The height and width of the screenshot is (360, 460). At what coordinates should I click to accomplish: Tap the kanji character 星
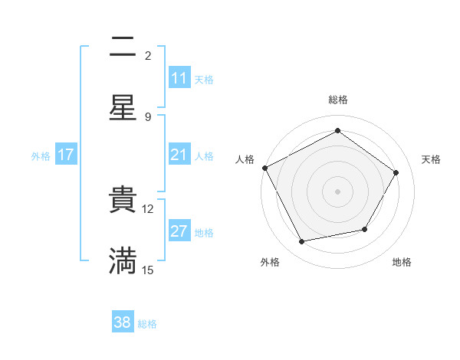coord(123,108)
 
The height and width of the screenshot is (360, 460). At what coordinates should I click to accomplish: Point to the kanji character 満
coord(123,261)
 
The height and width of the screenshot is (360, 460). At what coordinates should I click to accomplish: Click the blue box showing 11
coord(179,78)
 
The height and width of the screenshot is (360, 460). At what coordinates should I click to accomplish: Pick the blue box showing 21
coord(179,155)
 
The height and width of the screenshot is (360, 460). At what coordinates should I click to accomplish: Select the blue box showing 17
coord(66,155)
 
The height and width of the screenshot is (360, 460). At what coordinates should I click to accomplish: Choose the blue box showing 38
coord(123,322)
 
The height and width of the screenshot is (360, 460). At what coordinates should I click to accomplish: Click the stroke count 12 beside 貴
coord(148,208)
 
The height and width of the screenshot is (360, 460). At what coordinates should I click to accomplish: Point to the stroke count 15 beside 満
coord(148,270)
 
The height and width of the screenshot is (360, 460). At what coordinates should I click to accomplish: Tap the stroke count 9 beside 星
coord(148,116)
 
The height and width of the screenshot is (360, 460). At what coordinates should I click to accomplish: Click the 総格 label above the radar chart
coord(338,100)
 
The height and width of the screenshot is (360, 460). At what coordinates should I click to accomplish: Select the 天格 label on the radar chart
coord(432,159)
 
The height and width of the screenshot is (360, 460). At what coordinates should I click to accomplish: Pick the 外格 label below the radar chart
coord(270,263)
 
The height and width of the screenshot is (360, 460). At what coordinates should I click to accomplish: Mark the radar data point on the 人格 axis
coord(264,168)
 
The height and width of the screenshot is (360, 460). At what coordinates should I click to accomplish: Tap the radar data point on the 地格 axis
coord(365,229)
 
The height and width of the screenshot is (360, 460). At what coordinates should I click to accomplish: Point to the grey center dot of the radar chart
coord(337,191)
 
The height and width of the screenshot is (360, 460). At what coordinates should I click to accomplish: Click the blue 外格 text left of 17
coord(41,156)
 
